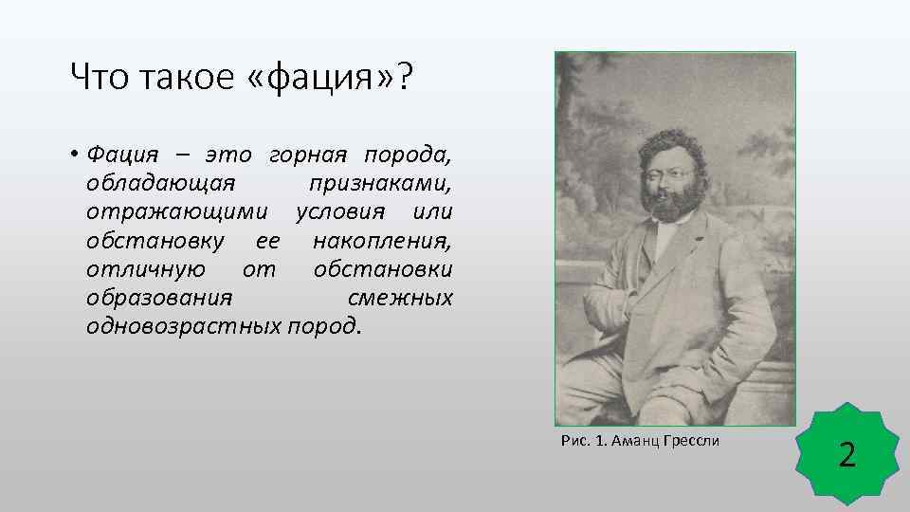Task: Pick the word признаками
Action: pos(381,181)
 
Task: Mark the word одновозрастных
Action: pos(182,327)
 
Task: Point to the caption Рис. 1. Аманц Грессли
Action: pos(640,441)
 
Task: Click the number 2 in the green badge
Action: pos(847,456)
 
